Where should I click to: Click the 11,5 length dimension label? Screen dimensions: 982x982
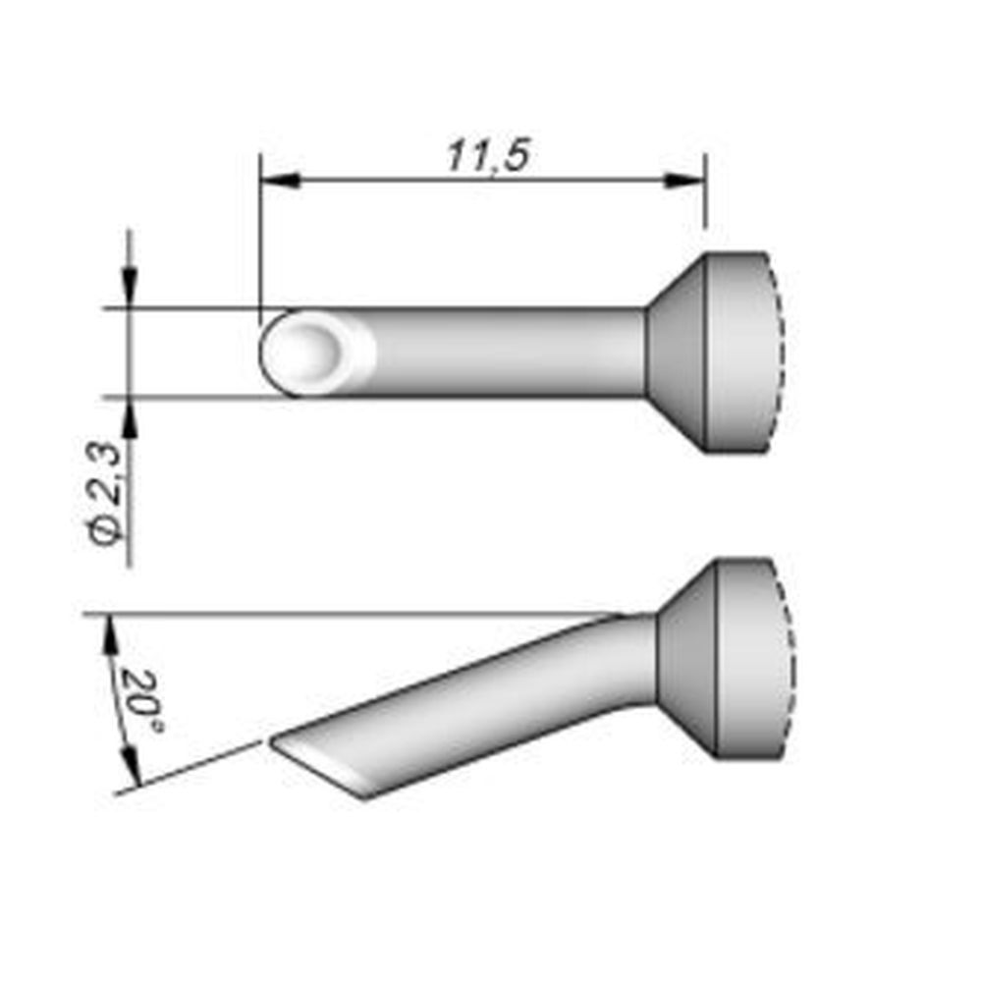click(487, 154)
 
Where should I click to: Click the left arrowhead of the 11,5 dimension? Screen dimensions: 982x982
click(280, 180)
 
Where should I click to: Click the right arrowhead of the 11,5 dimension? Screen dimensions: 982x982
click(684, 180)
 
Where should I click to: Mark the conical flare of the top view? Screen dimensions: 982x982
click(679, 351)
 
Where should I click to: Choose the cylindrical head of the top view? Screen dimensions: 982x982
click(741, 351)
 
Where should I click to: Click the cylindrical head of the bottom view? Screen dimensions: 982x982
click(751, 658)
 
